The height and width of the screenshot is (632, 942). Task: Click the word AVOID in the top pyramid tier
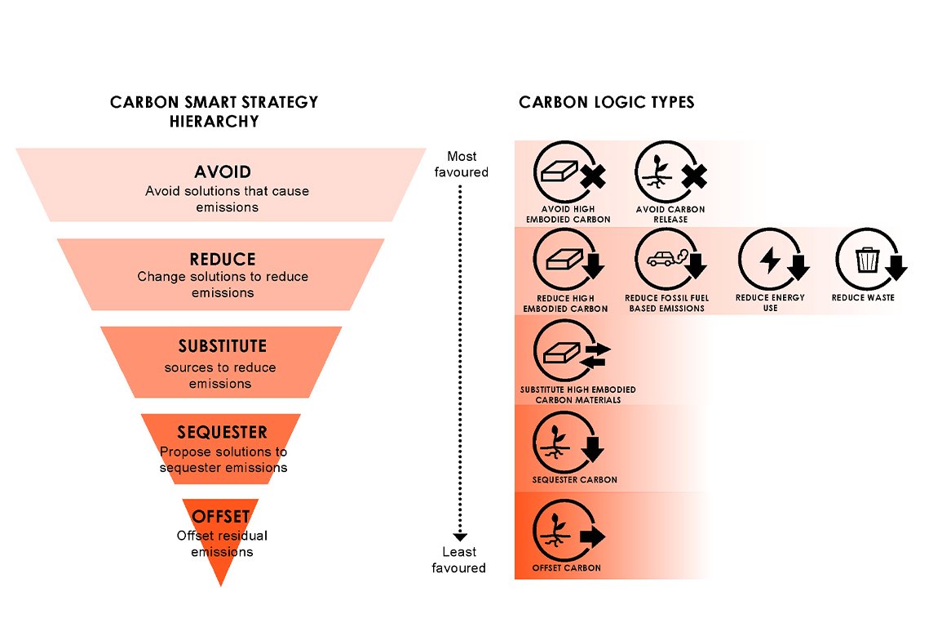pyautogui.click(x=222, y=172)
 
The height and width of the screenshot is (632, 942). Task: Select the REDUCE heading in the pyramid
pyautogui.click(x=222, y=259)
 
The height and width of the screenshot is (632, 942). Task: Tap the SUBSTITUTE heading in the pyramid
pyautogui.click(x=222, y=346)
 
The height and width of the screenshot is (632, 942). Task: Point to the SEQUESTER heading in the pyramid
pyautogui.click(x=222, y=433)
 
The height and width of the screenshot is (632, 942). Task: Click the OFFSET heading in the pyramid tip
pyautogui.click(x=220, y=516)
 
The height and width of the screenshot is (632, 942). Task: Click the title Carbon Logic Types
pyautogui.click(x=606, y=102)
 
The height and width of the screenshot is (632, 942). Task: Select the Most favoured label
pyautogui.click(x=462, y=164)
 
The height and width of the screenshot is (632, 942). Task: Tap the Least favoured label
pyautogui.click(x=459, y=559)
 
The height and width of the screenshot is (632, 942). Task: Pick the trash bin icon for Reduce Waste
pyautogui.click(x=866, y=260)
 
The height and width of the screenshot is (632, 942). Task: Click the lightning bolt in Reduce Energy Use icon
pyautogui.click(x=769, y=260)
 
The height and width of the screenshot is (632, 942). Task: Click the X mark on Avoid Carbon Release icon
pyautogui.click(x=694, y=176)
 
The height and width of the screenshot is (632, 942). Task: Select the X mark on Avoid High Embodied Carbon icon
pyautogui.click(x=592, y=176)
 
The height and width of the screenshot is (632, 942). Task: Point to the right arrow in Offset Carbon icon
pyautogui.click(x=592, y=536)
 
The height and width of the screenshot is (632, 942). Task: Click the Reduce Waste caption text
pyautogui.click(x=863, y=298)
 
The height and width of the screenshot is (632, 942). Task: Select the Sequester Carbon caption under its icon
pyautogui.click(x=575, y=480)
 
